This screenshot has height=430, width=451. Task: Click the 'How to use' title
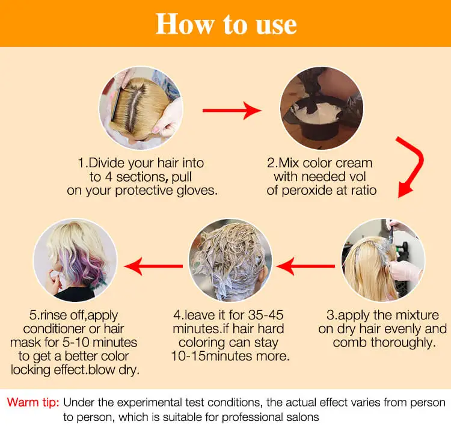point(226,23)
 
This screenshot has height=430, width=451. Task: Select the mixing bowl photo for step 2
point(322,108)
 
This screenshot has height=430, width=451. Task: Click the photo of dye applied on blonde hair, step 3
point(383,260)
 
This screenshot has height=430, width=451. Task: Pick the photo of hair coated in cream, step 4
point(230,260)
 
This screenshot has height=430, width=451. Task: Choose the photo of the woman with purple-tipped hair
point(75,260)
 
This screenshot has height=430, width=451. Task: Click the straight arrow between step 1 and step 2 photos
point(232,111)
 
